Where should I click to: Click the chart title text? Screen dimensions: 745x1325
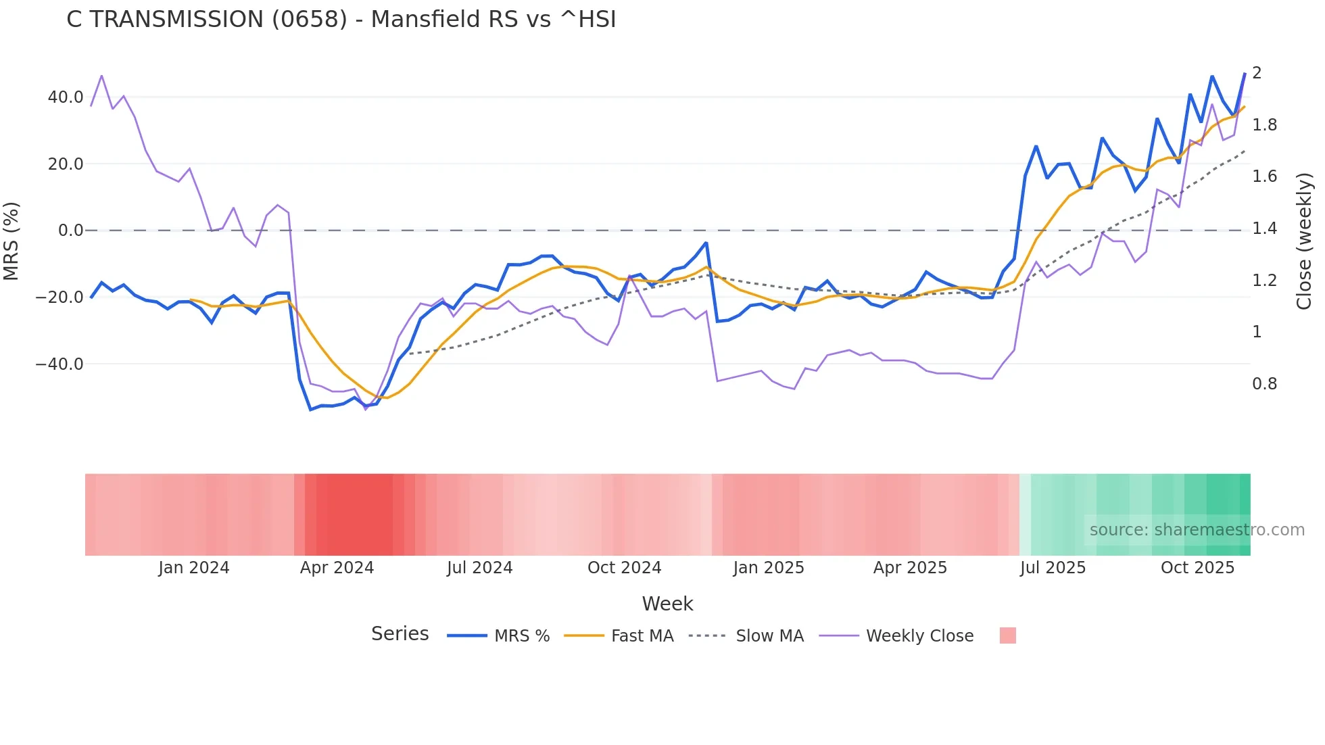tap(341, 20)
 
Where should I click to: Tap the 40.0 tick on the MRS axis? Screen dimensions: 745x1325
tap(66, 97)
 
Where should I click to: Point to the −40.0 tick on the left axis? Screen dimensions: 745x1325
tap(59, 364)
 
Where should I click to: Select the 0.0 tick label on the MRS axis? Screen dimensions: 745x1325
tap(70, 231)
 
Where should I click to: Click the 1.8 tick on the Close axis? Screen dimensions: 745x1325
tap(1264, 125)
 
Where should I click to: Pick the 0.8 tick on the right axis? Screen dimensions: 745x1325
tap(1264, 384)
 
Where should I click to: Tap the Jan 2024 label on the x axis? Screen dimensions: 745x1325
tap(194, 568)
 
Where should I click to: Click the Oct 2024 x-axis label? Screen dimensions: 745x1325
tap(624, 568)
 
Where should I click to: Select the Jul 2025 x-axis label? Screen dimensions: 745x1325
tap(1053, 568)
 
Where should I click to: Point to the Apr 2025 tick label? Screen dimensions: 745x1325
tap(910, 568)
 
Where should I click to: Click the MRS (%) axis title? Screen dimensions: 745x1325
tap(11, 241)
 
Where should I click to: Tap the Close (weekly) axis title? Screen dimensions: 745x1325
tap(1305, 241)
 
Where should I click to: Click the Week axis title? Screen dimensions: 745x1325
tap(667, 604)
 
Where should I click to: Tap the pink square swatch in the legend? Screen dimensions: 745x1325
tap(1007, 635)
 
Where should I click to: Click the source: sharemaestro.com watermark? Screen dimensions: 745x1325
tap(1197, 530)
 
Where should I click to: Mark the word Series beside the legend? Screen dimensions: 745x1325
tap(400, 634)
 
